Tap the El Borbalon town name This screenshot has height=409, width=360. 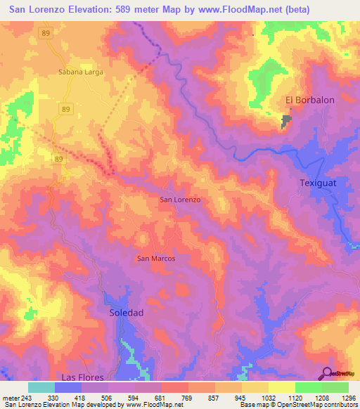coord(309,100)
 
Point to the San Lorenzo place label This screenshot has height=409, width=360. coord(181,200)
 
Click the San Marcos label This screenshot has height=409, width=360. coord(155,258)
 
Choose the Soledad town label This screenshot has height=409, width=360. coord(127,312)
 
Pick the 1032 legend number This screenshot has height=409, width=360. coord(260,398)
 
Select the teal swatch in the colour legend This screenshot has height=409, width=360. coord(41,387)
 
